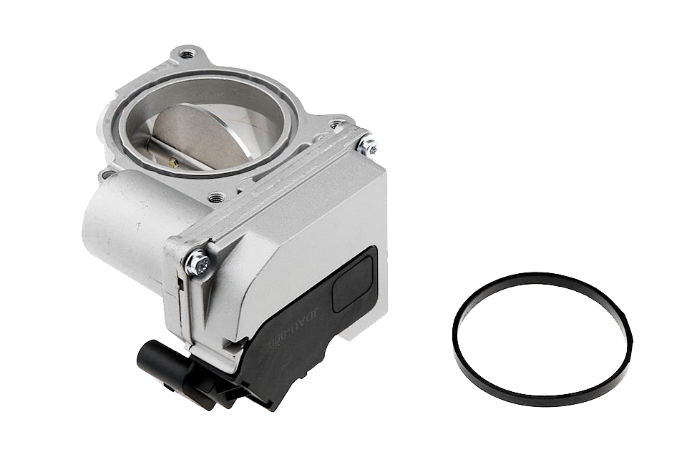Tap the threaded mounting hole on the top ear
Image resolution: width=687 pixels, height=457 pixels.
click(x=188, y=54)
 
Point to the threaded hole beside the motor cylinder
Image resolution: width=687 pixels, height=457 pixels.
click(x=215, y=195)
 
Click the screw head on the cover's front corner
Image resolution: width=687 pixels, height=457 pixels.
click(x=198, y=263)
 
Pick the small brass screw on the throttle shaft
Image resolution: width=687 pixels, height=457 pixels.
click(x=173, y=162)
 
